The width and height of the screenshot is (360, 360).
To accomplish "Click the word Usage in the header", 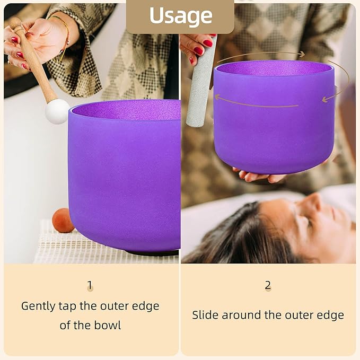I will click(x=180, y=16).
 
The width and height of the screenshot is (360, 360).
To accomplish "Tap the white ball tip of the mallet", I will click(x=57, y=111).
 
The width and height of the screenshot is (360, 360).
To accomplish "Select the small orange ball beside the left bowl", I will click(x=63, y=221).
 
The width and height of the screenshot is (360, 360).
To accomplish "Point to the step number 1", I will click(x=90, y=286).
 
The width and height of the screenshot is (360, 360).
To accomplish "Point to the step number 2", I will click(x=268, y=286).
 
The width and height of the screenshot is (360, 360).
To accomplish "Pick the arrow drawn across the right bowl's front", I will click(x=254, y=102).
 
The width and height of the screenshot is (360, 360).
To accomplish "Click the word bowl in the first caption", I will click(x=108, y=324).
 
